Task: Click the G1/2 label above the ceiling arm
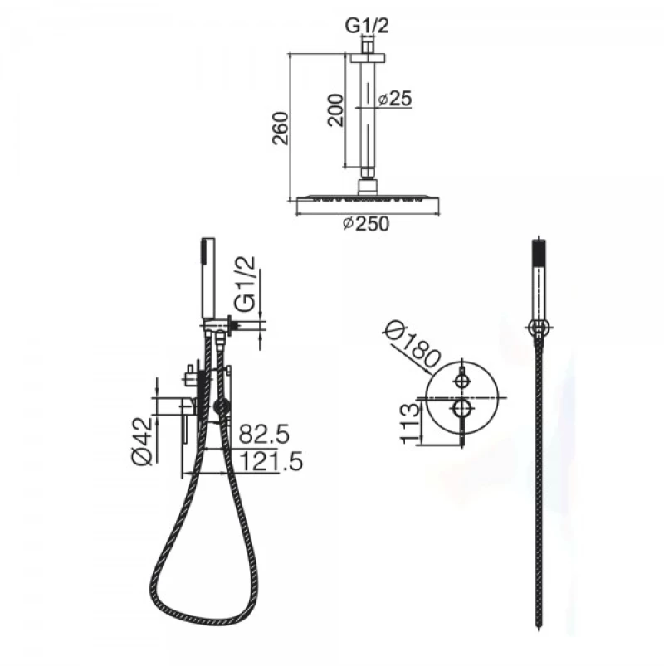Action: click(x=367, y=27)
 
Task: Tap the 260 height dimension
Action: click(x=281, y=129)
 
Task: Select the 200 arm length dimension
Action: click(x=336, y=109)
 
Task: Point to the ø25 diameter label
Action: click(x=395, y=99)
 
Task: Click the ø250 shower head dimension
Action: click(x=366, y=224)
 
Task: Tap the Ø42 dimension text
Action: click(x=142, y=441)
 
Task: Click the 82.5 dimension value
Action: click(x=264, y=434)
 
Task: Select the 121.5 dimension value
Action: click(x=271, y=461)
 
